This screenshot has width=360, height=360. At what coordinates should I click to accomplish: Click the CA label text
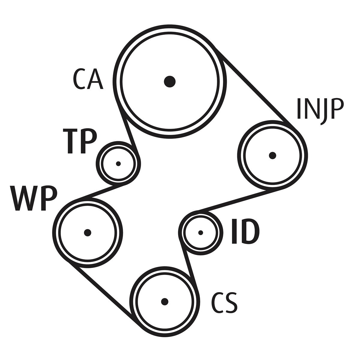pyautogui.click(x=88, y=79)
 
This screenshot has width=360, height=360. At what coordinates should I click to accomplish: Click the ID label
pyautogui.click(x=245, y=231)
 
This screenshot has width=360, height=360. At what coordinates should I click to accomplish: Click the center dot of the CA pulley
pyautogui.click(x=169, y=81)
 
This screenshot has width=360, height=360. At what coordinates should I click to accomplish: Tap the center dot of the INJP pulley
pyautogui.click(x=272, y=155)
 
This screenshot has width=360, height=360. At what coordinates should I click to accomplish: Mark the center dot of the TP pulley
pyautogui.click(x=118, y=164)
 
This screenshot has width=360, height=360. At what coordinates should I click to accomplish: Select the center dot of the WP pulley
pyautogui.click(x=87, y=232)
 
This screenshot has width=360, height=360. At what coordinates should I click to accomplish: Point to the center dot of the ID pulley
pyautogui.click(x=201, y=232)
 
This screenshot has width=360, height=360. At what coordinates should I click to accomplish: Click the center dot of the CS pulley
pyautogui.click(x=164, y=301)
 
